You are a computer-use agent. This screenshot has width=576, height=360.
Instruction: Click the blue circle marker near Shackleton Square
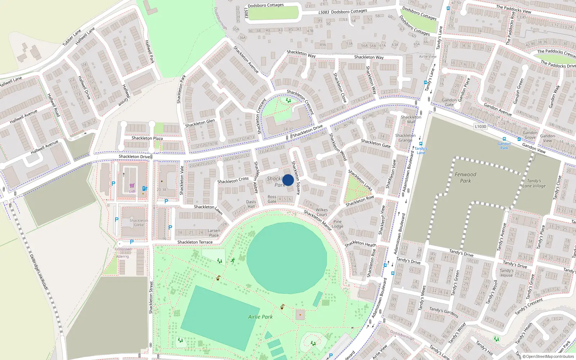(288, 180)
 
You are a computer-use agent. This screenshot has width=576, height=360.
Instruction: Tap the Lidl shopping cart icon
(132, 186)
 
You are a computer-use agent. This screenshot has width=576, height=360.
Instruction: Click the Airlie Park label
(260, 317)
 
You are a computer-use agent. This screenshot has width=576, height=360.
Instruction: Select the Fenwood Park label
(465, 177)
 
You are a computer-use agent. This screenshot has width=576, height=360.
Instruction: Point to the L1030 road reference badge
(480, 126)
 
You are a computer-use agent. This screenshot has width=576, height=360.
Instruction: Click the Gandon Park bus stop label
(504, 145)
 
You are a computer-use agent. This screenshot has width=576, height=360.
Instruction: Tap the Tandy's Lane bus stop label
(420, 150)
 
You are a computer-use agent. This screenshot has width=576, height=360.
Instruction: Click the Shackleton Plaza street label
(147, 138)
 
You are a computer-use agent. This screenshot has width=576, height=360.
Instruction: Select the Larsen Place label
(213, 233)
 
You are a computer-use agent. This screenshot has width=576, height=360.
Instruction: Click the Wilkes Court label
(321, 212)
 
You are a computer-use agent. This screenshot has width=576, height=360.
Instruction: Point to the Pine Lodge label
(337, 224)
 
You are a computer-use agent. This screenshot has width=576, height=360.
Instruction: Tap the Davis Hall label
(251, 204)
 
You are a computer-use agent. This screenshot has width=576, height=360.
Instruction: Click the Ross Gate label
(272, 199)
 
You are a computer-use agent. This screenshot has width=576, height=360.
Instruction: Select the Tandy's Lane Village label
(534, 183)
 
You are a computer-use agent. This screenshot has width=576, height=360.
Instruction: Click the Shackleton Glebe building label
(139, 222)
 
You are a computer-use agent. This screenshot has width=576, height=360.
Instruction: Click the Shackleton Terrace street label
(195, 242)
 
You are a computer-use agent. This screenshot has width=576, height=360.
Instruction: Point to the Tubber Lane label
(72, 38)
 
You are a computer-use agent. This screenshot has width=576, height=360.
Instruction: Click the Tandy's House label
(507, 273)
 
